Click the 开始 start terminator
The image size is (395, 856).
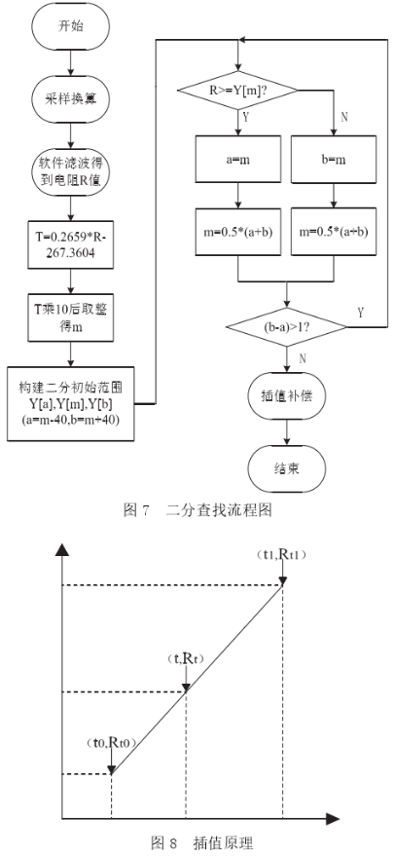tap(70, 26)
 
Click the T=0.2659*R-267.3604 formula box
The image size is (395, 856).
tap(71, 244)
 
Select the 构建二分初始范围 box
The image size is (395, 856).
tap(71, 403)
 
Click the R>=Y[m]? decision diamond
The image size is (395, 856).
tap(237, 90)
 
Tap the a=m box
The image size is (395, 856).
tap(238, 159)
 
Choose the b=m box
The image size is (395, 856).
tap(334, 159)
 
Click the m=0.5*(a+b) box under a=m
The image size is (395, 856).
tap(238, 232)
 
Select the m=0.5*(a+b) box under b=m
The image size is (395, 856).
tap(334, 232)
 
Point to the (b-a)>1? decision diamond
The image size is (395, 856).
tap(286, 327)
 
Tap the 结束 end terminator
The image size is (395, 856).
tap(286, 467)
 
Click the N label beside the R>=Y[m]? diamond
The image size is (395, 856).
tap(343, 116)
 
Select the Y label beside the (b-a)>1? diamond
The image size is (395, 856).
tap(361, 313)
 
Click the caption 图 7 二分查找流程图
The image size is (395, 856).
tap(198, 510)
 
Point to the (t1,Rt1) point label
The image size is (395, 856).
tap(281, 554)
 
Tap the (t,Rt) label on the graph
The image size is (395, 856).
tap(186, 659)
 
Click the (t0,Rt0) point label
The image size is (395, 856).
tap(111, 743)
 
